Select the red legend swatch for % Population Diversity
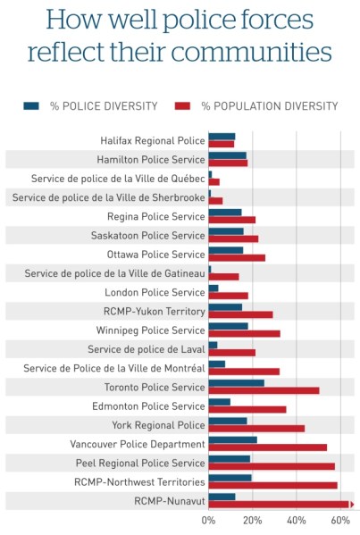point(183,105)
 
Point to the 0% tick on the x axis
point(208,519)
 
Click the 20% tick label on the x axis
point(252,519)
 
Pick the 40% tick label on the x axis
point(297,519)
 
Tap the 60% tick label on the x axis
point(340,519)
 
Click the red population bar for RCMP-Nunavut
point(279,505)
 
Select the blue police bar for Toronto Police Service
point(236,383)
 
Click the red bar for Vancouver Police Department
point(267,447)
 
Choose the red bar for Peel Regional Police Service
point(271,465)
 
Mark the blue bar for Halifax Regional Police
point(222,137)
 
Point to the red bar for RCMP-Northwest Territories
point(272,485)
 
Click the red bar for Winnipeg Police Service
point(244,333)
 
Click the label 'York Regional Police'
point(158,424)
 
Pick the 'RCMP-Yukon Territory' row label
point(154,311)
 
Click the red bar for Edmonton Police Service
point(247,409)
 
